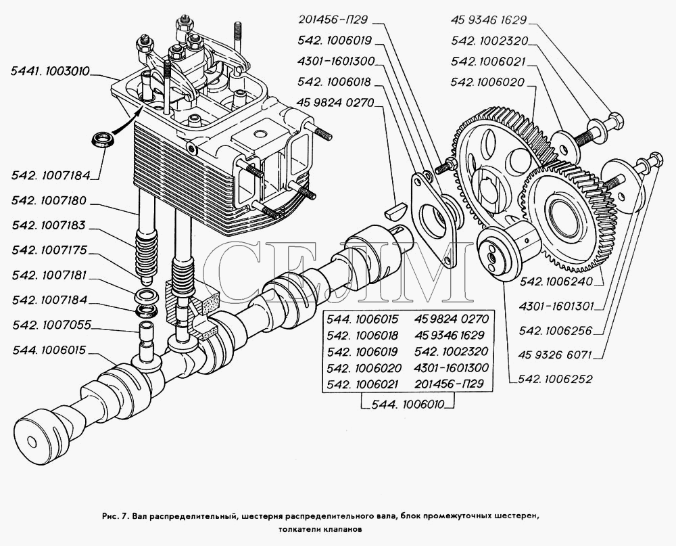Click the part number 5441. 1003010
click(x=51, y=70)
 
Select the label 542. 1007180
click(x=51, y=201)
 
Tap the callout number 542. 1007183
click(x=51, y=226)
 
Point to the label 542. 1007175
click(x=51, y=251)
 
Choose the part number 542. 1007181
click(x=51, y=276)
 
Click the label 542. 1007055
click(x=51, y=326)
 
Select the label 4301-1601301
click(x=560, y=306)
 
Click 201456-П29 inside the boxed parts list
click(x=453, y=384)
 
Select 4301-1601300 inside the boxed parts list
click(x=453, y=368)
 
